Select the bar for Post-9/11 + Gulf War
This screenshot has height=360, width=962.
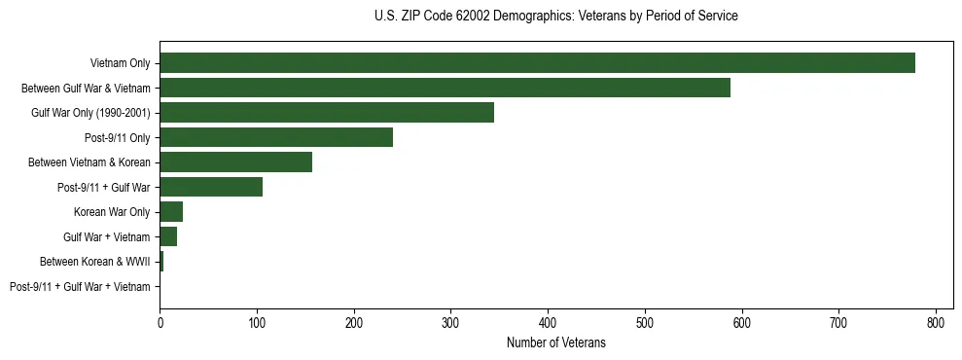tap(211, 187)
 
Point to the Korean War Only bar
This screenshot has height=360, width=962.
tap(171, 212)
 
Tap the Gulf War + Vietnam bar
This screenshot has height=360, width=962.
tap(168, 236)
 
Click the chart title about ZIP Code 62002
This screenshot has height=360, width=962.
tap(555, 17)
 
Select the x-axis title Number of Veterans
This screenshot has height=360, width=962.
tap(555, 342)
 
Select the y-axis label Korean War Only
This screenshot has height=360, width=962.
tap(112, 212)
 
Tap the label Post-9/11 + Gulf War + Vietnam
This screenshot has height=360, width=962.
tap(80, 287)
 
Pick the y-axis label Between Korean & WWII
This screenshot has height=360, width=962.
tap(94, 262)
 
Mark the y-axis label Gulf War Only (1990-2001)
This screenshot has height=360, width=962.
tap(90, 113)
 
